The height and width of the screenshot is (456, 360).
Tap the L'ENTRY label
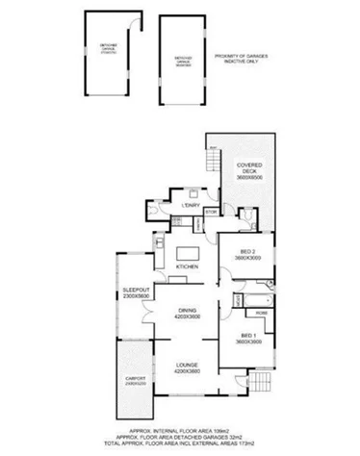(189, 205)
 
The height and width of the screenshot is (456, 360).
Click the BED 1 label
(249, 339)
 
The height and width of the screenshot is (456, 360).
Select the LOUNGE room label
(188, 367)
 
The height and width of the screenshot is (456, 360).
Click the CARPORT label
(136, 381)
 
